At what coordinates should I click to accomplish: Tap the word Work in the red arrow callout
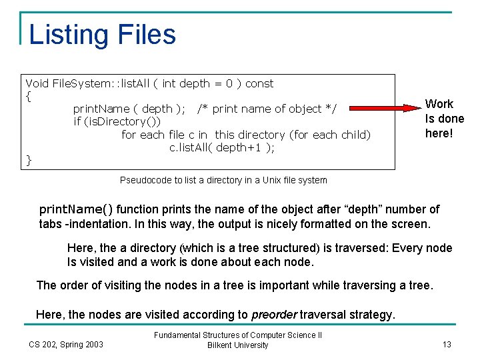point(439,104)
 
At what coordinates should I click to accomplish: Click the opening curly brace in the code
point(28,96)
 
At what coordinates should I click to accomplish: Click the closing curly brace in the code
point(28,160)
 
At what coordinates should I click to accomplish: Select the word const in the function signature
point(259,83)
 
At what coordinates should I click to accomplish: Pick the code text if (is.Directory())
point(117,121)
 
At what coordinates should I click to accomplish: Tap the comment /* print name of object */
point(267,109)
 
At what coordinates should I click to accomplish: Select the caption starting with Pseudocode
point(223,180)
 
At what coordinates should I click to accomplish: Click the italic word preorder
point(274,314)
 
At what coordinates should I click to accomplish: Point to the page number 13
point(447,344)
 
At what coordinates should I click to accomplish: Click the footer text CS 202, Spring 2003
point(66,344)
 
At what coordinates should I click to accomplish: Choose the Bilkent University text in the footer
point(238,345)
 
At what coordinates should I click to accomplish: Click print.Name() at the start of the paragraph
point(76,210)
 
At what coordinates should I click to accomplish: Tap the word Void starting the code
point(37,83)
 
